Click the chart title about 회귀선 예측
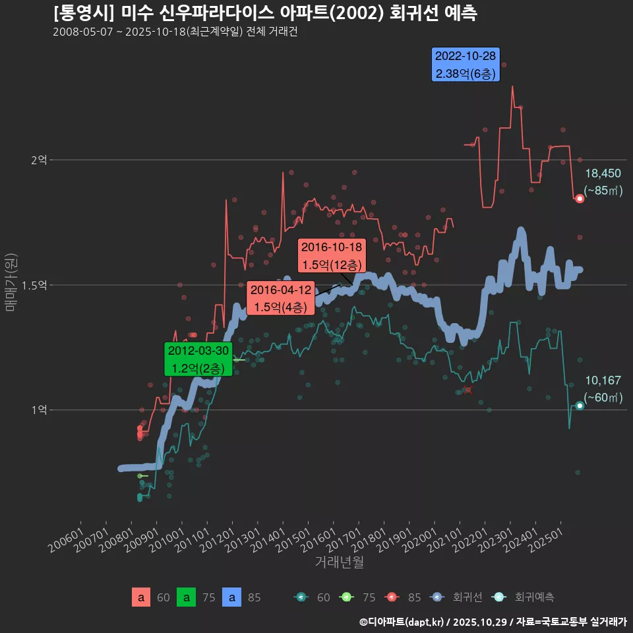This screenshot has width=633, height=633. click(x=264, y=13)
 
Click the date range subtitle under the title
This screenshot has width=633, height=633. click(x=175, y=32)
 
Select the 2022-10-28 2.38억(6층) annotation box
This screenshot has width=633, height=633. click(x=466, y=65)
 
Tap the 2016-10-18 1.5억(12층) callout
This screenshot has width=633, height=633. click(x=332, y=256)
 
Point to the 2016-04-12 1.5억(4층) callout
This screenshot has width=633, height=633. click(x=282, y=298)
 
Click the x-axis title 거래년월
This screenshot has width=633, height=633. click(x=339, y=562)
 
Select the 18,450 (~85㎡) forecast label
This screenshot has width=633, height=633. click(x=603, y=182)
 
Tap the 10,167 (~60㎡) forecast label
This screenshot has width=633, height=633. click(x=603, y=388)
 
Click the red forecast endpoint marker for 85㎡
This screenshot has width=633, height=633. click(x=580, y=198)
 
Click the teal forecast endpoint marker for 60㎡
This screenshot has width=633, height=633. click(x=580, y=406)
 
